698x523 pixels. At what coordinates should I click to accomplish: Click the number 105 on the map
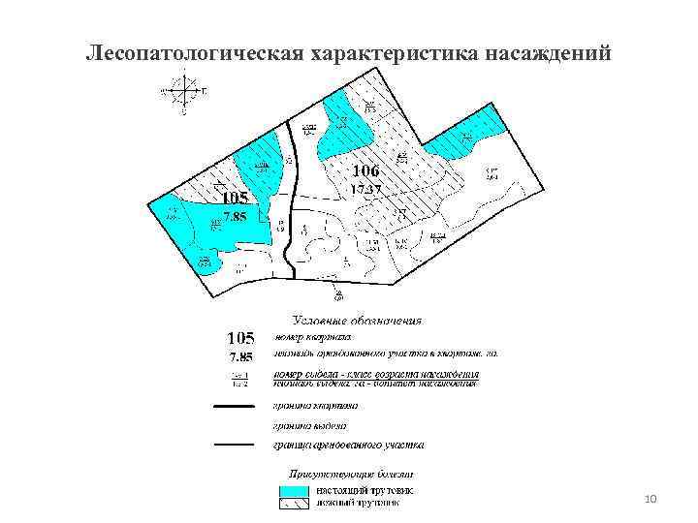coord(234,199)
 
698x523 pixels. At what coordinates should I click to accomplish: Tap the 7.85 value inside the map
coord(236,217)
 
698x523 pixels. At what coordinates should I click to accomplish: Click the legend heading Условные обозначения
coord(358,320)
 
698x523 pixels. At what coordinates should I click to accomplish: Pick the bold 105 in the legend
coord(239,338)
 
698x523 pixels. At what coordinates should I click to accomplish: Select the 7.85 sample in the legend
coord(238,356)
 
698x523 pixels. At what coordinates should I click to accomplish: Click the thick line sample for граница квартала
coord(233,408)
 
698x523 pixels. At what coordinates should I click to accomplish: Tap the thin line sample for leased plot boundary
coord(233,446)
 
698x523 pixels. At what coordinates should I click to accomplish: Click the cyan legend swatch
coord(290,490)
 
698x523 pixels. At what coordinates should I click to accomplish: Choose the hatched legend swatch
coord(290,503)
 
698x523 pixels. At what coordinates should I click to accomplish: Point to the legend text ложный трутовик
coord(357,503)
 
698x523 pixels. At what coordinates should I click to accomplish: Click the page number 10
coord(650,499)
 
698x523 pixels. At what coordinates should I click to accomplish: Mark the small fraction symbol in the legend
coord(239,378)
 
